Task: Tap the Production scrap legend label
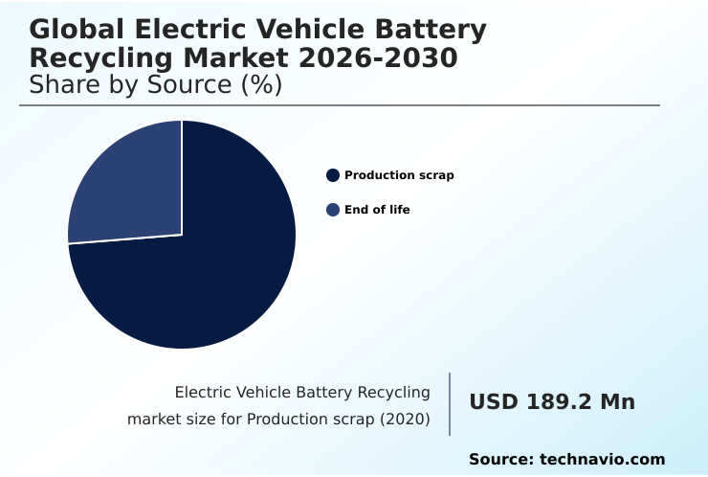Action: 399,175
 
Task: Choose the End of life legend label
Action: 377,210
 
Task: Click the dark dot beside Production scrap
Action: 333,175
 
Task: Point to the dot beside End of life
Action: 333,210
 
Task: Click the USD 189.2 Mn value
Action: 552,402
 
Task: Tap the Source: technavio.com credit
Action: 566,460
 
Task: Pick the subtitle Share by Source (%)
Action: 156,85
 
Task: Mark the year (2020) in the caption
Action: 405,419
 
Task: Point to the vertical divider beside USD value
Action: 450,403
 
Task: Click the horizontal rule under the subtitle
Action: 340,105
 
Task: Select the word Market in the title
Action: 244,59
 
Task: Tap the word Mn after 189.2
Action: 617,402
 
